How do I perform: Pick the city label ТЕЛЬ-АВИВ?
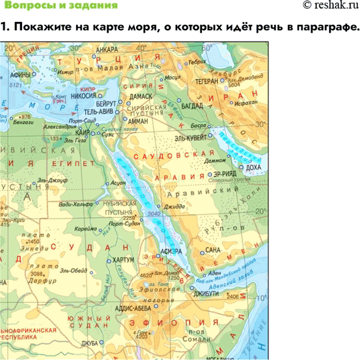point(100,112)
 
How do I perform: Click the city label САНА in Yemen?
point(212,250)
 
